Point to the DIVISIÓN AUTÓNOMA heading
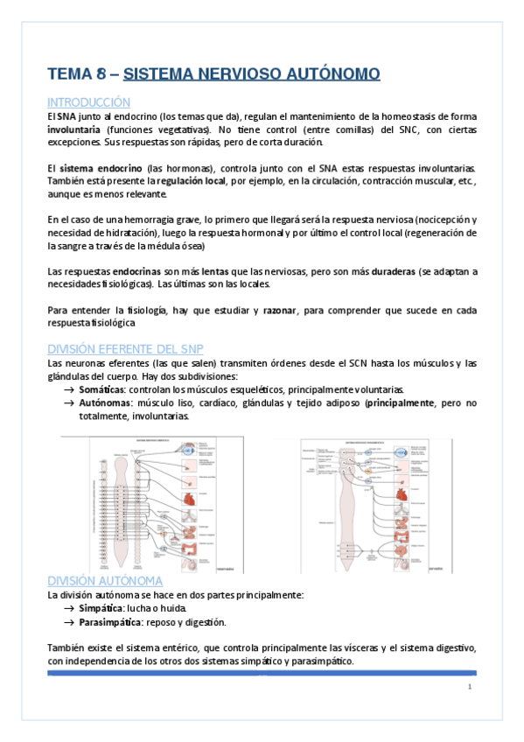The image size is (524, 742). [104, 581]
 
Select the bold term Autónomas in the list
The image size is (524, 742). [105, 402]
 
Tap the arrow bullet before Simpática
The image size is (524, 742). [69, 608]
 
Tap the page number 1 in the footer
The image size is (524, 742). [469, 687]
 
